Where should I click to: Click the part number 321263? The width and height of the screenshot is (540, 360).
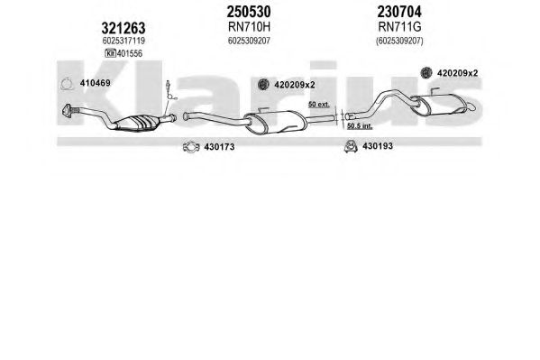tap(124, 28)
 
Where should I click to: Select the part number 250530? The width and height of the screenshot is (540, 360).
tap(249, 12)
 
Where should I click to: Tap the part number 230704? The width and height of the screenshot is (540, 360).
tap(399, 12)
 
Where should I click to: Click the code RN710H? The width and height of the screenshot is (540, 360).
tap(249, 26)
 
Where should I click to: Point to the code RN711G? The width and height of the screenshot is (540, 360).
tap(399, 26)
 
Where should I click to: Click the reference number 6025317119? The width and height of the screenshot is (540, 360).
tap(124, 41)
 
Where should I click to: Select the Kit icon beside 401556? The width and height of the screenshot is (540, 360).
tap(110, 53)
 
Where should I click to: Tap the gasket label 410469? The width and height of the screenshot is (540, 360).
tap(95, 83)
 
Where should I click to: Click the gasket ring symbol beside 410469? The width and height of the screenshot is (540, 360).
tap(67, 84)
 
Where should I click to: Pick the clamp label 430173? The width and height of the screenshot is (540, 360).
tap(219, 147)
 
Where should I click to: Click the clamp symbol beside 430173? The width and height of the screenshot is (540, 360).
tap(191, 147)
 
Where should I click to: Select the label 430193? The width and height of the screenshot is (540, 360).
tap(378, 146)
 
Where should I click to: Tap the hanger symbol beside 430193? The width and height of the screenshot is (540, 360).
tap(351, 146)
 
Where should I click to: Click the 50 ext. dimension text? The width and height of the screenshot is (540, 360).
tap(318, 104)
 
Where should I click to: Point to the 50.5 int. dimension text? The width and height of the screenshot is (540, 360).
tap(360, 125)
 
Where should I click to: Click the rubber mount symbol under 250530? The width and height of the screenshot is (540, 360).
tap(263, 84)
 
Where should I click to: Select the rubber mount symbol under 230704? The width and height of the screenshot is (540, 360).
tap(426, 72)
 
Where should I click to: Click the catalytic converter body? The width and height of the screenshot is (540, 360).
tap(137, 123)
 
